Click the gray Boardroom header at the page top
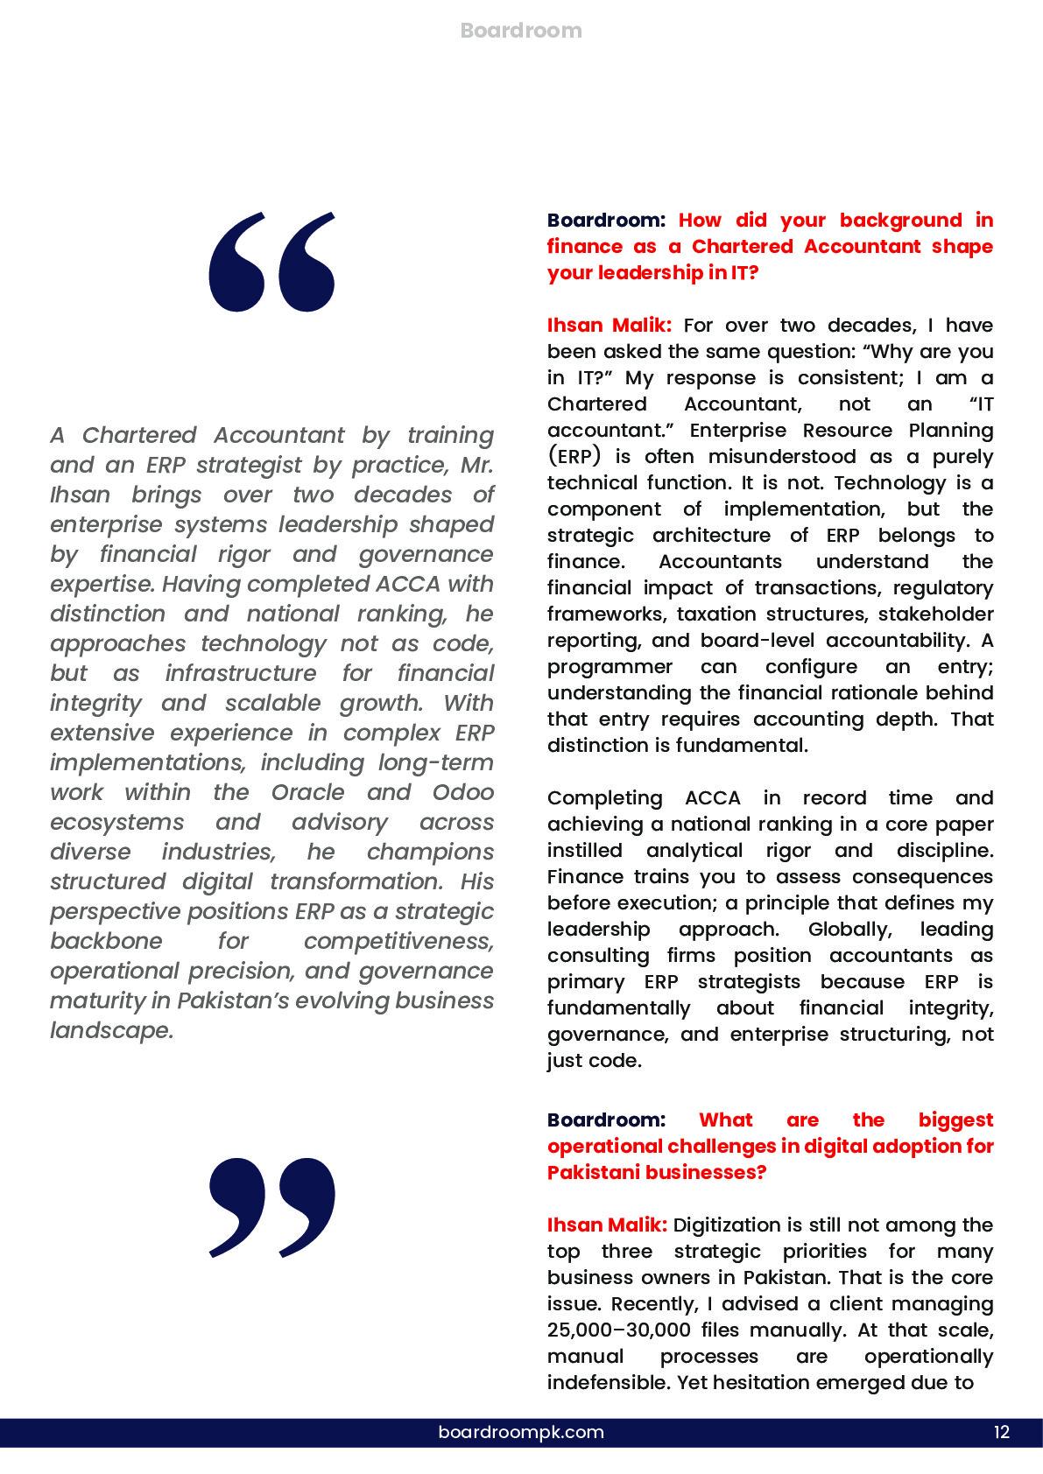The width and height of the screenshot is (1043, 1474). click(520, 31)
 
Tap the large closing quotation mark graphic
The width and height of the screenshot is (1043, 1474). click(272, 1207)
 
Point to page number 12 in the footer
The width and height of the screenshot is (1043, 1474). click(1002, 1432)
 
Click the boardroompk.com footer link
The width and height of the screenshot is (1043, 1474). click(521, 1432)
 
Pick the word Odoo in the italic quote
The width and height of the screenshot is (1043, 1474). click(462, 792)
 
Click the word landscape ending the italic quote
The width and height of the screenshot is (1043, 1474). click(109, 1030)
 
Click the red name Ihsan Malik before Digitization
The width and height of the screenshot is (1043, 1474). click(606, 1225)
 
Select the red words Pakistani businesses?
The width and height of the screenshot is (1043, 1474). click(656, 1173)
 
